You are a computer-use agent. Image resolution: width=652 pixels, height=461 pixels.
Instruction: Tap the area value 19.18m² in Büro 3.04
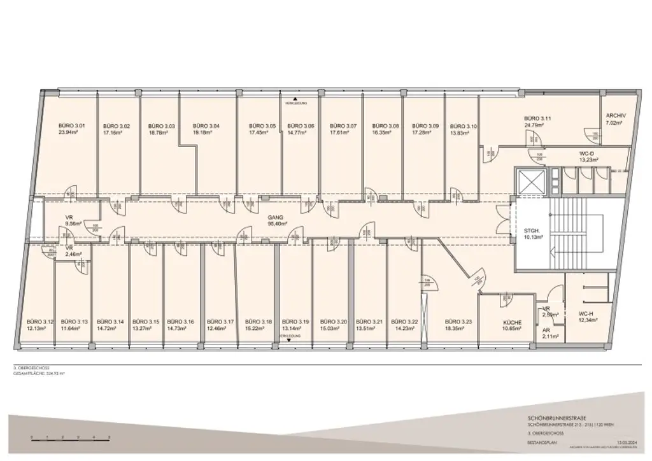[205, 133]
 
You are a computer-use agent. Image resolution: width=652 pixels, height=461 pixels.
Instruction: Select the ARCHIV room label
[616, 115]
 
